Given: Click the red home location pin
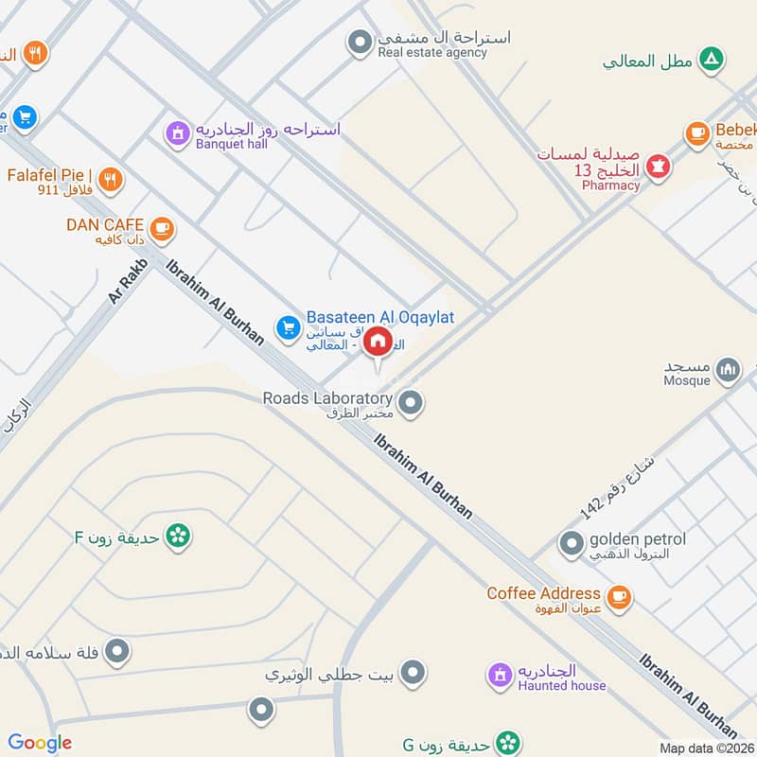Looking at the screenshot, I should tap(378, 342).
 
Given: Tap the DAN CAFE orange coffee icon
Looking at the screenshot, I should tap(162, 227).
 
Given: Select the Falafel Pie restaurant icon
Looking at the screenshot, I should tap(111, 178).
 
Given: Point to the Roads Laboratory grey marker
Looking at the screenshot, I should tap(410, 404).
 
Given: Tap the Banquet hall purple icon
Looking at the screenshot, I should tap(176, 133).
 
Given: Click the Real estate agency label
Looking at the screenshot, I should tap(432, 53).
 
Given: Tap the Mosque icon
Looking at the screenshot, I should tap(728, 369).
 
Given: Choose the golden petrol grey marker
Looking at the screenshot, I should tap(571, 544).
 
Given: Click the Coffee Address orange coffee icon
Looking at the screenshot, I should tap(619, 596).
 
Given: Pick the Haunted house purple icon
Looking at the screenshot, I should tap(499, 675).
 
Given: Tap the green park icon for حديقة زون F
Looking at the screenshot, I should tap(176, 536).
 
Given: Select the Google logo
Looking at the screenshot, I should tap(40, 742).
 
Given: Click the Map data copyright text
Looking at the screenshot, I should tap(705, 748).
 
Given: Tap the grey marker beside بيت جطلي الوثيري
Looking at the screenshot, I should tap(412, 674).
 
